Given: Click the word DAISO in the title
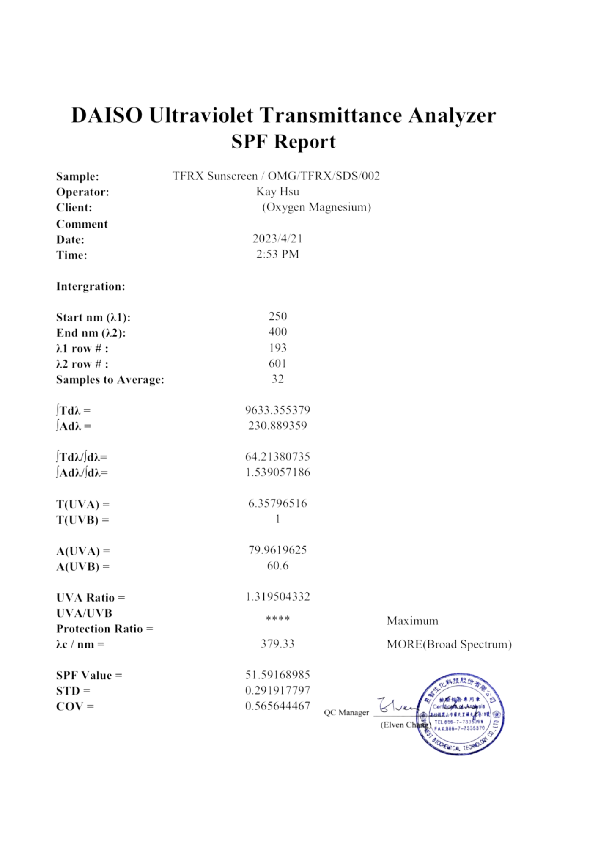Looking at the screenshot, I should pyautogui.click(x=107, y=115).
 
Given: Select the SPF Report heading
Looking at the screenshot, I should pyautogui.click(x=283, y=142).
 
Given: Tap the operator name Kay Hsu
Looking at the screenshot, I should pyautogui.click(x=277, y=192).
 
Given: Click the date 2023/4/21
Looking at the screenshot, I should pyautogui.click(x=277, y=239).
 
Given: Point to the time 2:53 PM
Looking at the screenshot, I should pyautogui.click(x=277, y=254).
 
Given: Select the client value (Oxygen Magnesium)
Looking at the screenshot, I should pyautogui.click(x=316, y=207).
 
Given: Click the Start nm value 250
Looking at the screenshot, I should pyautogui.click(x=277, y=316).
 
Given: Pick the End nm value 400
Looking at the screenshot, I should pyautogui.click(x=277, y=332).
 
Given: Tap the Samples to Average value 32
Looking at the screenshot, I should pyautogui.click(x=277, y=379).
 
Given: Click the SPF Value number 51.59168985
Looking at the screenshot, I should pyautogui.click(x=277, y=675).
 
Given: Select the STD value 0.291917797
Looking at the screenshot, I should pyautogui.click(x=277, y=690).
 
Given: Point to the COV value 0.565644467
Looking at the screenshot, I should pyautogui.click(x=277, y=706).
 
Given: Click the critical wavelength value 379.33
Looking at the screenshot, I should pyautogui.click(x=277, y=644).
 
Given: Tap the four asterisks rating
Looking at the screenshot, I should pyautogui.click(x=277, y=618).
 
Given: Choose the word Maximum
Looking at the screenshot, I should pyautogui.click(x=412, y=621).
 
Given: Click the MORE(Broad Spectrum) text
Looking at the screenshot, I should pyautogui.click(x=449, y=644).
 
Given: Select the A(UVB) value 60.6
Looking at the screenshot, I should pyautogui.click(x=277, y=566).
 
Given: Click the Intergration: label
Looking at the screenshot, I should pyautogui.click(x=91, y=286).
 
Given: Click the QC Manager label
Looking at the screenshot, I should pyautogui.click(x=346, y=713).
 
